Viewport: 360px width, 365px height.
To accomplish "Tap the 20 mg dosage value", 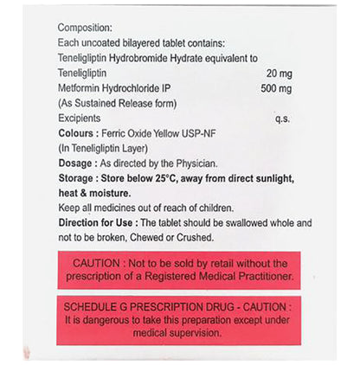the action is tap(280, 73).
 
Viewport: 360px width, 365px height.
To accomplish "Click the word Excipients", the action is tap(80, 118).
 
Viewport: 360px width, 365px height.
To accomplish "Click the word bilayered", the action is tap(153, 43).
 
